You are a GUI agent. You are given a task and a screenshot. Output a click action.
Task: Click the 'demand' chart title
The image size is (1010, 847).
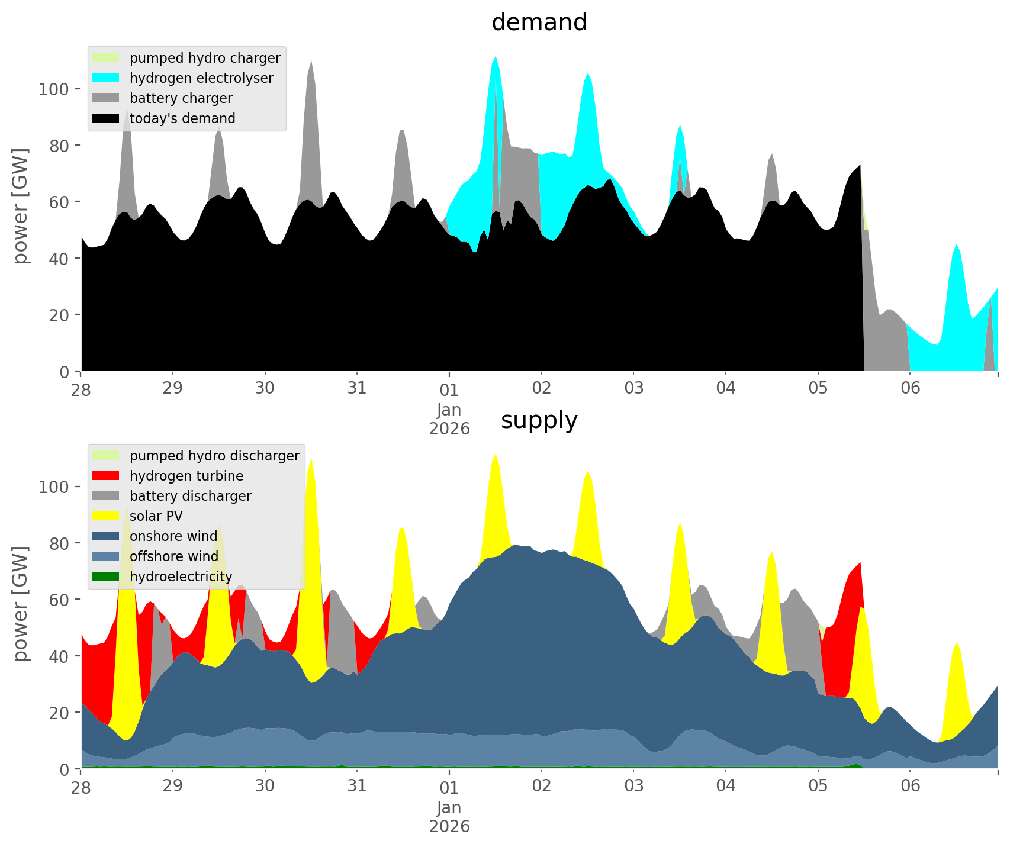point(539,22)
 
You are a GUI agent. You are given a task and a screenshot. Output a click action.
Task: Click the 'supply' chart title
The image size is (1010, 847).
point(539,420)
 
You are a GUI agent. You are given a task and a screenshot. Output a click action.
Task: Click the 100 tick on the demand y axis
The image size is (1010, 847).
point(54,89)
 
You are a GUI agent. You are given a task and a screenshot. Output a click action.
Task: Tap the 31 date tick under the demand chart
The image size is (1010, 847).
point(357,389)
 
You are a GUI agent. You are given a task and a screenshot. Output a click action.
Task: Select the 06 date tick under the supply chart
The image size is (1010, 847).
point(911,787)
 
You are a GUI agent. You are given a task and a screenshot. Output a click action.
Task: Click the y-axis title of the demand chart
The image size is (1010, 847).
point(21,206)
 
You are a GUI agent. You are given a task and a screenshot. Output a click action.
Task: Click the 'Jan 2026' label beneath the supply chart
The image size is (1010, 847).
point(449,817)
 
